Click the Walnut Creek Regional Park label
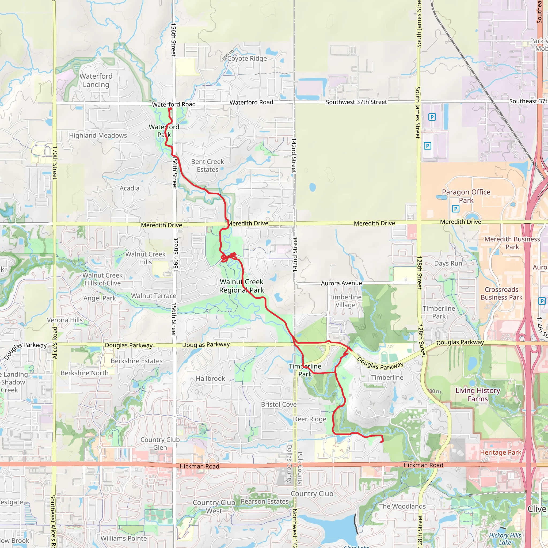[242, 286]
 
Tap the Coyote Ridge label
[247, 58]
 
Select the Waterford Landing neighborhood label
[96, 80]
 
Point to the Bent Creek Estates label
[208, 165]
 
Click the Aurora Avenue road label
[341, 283]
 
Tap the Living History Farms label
[478, 395]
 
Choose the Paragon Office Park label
[466, 196]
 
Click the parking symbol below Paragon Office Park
[455, 209]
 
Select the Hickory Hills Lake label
[505, 539]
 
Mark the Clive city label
[537, 509]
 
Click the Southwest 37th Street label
[356, 102]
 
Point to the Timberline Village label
[345, 301]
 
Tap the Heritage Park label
[500, 452]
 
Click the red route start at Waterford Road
[170, 109]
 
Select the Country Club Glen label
[160, 444]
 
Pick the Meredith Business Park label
[512, 243]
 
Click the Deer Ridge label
[310, 419]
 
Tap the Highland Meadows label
[98, 136]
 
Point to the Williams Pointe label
[124, 538]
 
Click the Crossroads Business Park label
[501, 293]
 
